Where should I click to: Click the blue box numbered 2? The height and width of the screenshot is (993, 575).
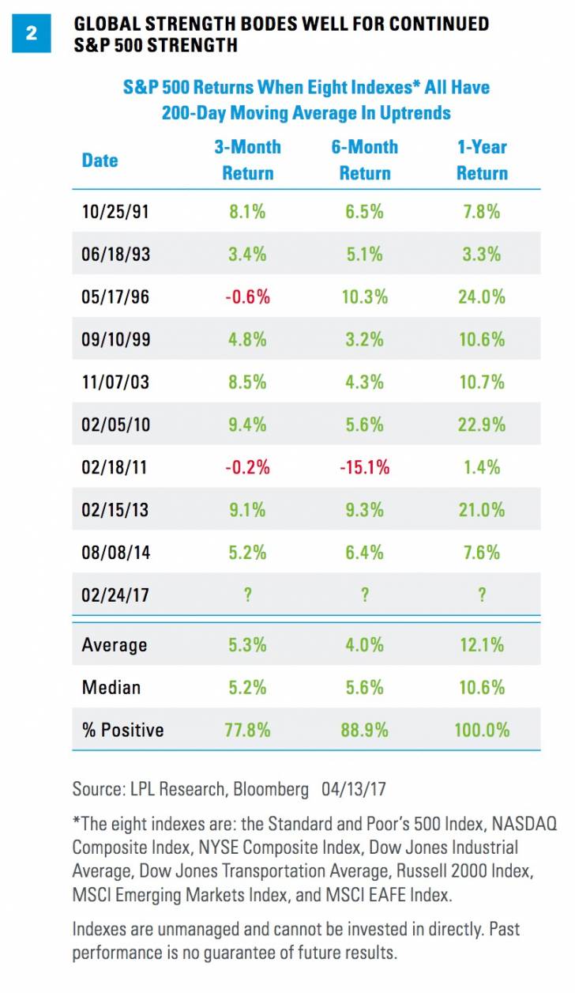tap(32, 34)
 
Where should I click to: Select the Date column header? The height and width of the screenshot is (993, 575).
tap(100, 160)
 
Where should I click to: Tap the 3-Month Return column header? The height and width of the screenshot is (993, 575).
tap(247, 160)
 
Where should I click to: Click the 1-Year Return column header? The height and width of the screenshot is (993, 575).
tap(482, 160)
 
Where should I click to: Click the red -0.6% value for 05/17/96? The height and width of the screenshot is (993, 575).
tap(247, 296)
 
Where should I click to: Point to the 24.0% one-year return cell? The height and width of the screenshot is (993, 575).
tap(482, 296)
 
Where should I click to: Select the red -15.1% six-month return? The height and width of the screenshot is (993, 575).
tap(364, 467)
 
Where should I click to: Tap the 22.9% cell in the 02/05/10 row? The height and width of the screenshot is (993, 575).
tap(482, 425)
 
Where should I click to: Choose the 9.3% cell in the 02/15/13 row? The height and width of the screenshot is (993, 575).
tap(364, 510)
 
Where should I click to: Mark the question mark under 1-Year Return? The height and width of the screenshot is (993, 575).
tap(482, 595)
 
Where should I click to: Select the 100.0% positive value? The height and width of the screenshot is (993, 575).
tap(482, 729)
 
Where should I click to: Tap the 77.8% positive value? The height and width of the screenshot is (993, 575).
tap(247, 729)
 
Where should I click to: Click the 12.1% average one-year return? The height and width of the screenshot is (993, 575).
tap(482, 644)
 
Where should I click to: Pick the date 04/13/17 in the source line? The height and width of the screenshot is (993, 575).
tap(357, 788)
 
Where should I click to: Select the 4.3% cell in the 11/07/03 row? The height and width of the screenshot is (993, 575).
tap(364, 382)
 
